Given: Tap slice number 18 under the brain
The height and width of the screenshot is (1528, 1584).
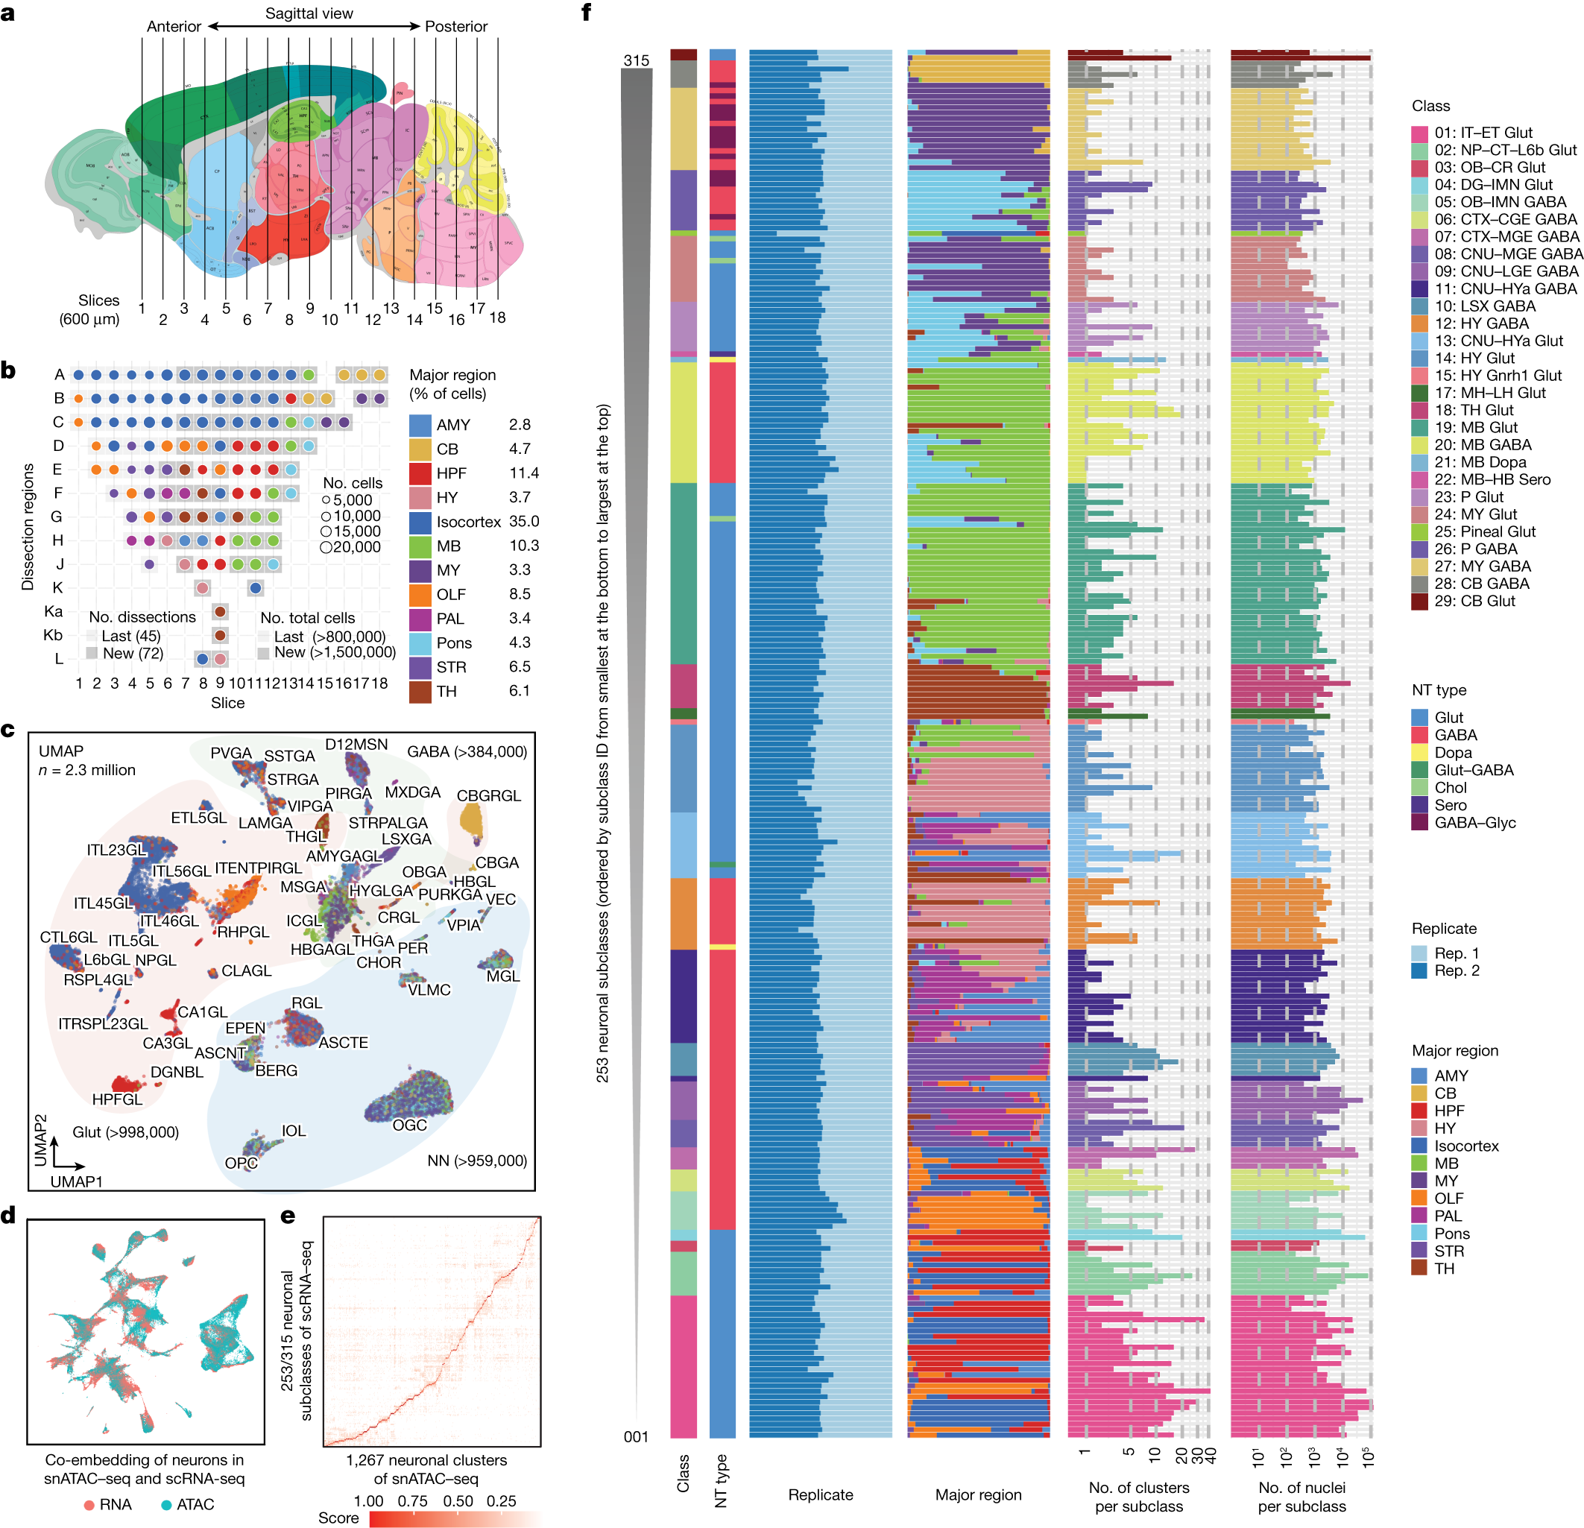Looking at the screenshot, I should tap(498, 318).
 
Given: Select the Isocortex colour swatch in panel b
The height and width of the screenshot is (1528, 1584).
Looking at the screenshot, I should tap(420, 522).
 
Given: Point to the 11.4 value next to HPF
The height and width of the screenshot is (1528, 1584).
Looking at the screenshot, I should tap(524, 473).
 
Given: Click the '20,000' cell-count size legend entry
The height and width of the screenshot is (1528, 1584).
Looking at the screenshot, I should tap(351, 547).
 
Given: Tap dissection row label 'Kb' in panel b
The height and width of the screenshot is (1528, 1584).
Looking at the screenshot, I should tap(54, 635).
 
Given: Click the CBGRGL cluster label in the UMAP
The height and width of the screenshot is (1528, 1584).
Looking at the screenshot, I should tap(489, 796).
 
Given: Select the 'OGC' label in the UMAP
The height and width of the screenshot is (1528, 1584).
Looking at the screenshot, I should tap(410, 1125).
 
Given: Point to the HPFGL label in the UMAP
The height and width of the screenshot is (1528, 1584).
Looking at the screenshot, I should tap(117, 1099).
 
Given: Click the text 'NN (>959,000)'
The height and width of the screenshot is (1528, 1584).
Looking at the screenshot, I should tap(477, 1161).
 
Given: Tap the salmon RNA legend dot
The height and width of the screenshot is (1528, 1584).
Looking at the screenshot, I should tap(89, 1505).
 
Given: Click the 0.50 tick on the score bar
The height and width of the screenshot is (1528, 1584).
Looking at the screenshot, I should tap(458, 1500).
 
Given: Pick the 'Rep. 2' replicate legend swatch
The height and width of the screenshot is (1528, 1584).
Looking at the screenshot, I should tap(1419, 970).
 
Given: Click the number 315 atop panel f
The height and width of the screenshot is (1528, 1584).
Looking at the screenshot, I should tap(636, 60).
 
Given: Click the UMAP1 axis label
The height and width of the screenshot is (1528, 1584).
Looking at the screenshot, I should tap(77, 1181).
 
